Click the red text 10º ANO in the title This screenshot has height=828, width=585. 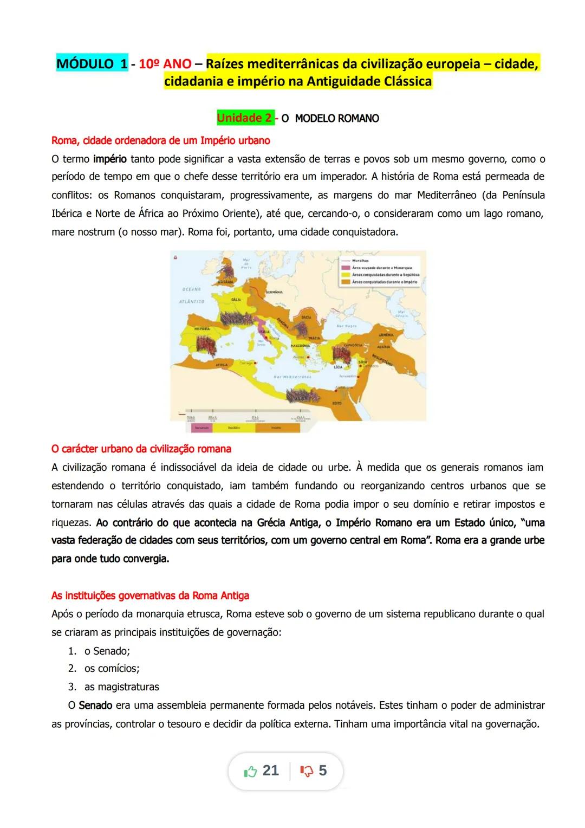[x=165, y=64]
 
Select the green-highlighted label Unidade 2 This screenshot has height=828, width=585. [x=244, y=118]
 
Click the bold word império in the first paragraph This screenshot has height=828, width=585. [x=110, y=159]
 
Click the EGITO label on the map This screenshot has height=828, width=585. [x=337, y=403]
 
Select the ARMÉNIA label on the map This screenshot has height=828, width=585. [x=386, y=335]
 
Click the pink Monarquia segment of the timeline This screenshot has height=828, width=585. [x=199, y=428]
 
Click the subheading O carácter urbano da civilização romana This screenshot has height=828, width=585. [x=141, y=449]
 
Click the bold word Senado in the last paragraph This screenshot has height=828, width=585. [x=95, y=706]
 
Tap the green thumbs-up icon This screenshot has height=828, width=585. [x=250, y=771]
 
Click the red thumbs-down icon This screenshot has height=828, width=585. [x=306, y=771]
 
